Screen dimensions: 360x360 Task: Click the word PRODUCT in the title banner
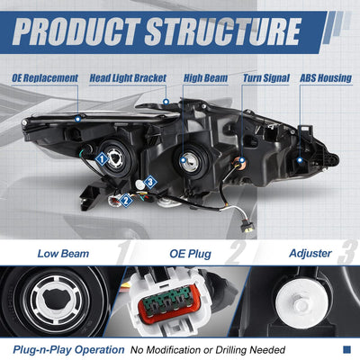pos(76,31)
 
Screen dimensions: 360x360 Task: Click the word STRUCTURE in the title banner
pos(222,31)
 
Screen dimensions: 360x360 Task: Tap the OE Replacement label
pos(45,78)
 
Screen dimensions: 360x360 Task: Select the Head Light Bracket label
pos(128,78)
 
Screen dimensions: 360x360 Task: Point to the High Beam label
pos(205,78)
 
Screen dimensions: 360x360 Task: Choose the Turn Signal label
pos(266,78)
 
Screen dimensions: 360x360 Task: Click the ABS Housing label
pos(326,78)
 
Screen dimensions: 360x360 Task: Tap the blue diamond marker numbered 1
pos(102,158)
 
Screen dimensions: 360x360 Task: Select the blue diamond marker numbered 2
pos(126,200)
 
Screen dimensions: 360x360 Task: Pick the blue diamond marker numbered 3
pos(150,182)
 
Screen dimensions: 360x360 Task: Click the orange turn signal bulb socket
pos(239,164)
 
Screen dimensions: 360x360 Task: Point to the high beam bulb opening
pos(189,161)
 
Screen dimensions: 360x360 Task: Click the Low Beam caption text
pos(63,254)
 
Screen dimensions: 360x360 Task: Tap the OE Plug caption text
pos(191,254)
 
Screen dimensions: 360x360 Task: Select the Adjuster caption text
pos(310,254)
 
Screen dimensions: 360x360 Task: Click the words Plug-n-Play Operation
pos(68,350)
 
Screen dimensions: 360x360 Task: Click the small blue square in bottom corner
pos(346,349)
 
